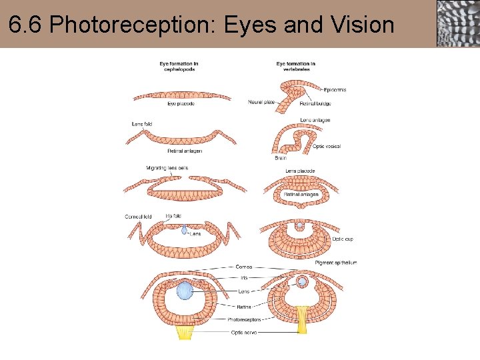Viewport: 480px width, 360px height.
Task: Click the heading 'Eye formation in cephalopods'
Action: pyautogui.click(x=179, y=67)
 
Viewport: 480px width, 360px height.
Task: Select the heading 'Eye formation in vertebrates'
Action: pyautogui.click(x=295, y=67)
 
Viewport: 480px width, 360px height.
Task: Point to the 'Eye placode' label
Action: pyautogui.click(x=181, y=103)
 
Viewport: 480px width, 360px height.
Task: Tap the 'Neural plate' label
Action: pyautogui.click(x=261, y=102)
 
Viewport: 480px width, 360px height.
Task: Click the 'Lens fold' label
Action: pyautogui.click(x=142, y=124)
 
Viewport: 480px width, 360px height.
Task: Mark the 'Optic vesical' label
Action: pyautogui.click(x=327, y=147)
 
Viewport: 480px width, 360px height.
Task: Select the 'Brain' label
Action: pyautogui.click(x=281, y=159)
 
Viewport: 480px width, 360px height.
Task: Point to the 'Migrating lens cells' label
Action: pyautogui.click(x=167, y=168)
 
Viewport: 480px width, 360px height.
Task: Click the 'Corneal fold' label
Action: pyautogui.click(x=138, y=217)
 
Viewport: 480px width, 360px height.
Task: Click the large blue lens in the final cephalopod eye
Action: pyautogui.click(x=185, y=291)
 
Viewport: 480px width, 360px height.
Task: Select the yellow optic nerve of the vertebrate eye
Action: pyautogui.click(x=304, y=320)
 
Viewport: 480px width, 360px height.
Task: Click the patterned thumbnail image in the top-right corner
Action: pyautogui.click(x=457, y=23)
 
